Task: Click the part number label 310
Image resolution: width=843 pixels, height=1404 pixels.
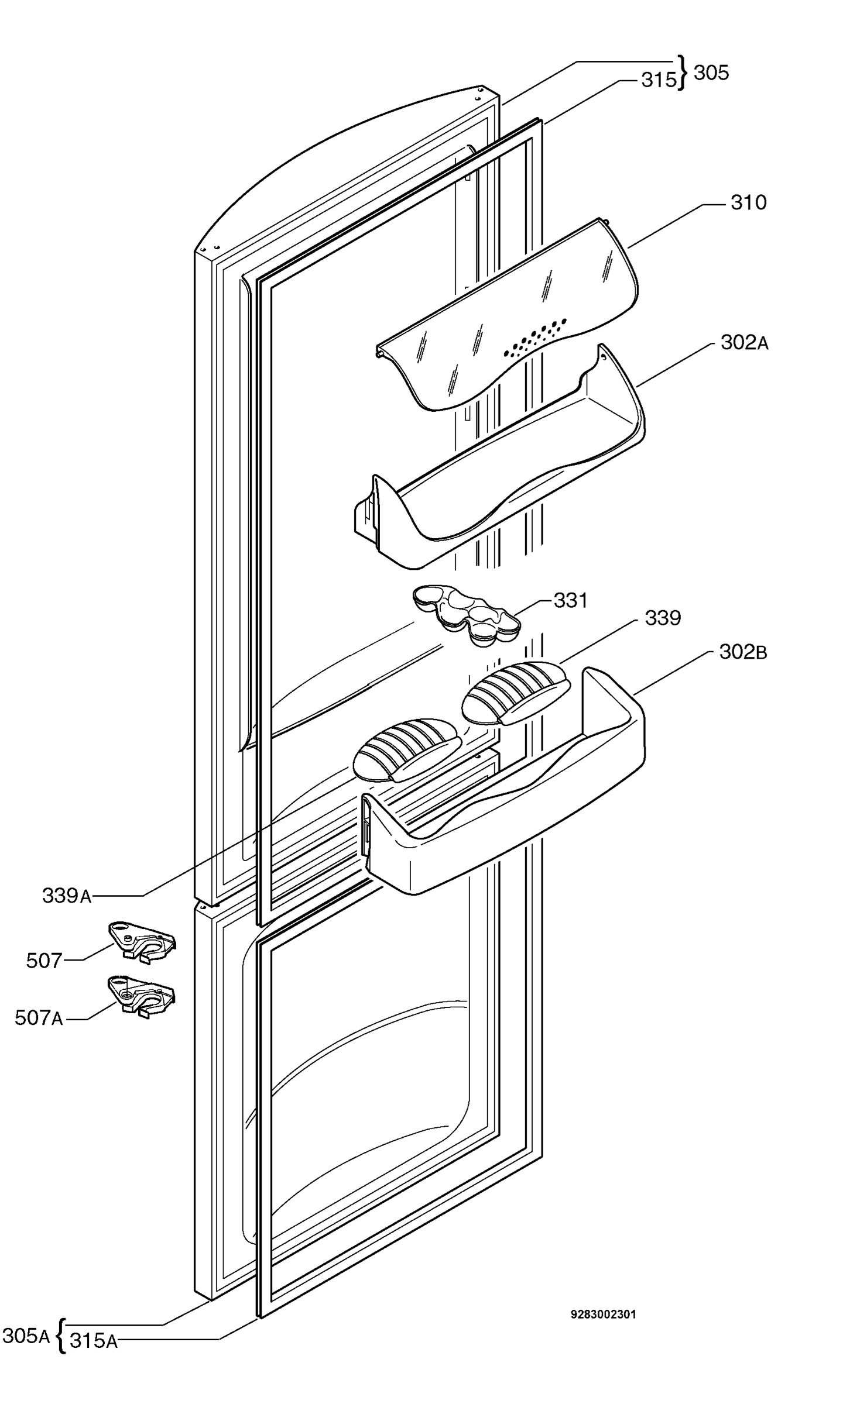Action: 748,202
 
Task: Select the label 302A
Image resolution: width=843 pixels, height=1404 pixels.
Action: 744,342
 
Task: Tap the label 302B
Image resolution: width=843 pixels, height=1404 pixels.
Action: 743,652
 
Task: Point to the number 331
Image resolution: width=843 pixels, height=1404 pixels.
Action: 570,600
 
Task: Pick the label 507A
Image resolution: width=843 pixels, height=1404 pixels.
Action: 39,1018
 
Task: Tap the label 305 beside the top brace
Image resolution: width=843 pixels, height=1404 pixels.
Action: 711,73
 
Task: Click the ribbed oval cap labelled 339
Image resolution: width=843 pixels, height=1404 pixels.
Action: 513,692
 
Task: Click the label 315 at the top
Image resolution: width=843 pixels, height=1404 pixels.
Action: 659,80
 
